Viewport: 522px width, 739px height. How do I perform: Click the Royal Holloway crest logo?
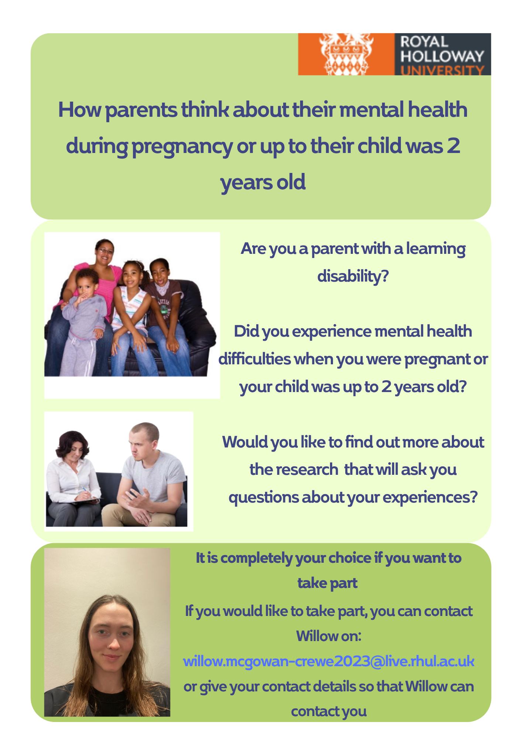346,54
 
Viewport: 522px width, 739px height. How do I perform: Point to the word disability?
353,276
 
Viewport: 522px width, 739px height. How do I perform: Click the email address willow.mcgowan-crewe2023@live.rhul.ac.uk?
329,661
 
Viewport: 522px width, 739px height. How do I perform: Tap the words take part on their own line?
327,583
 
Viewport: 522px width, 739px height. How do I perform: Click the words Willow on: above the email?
329,636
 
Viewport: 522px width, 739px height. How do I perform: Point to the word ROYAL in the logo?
424,41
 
